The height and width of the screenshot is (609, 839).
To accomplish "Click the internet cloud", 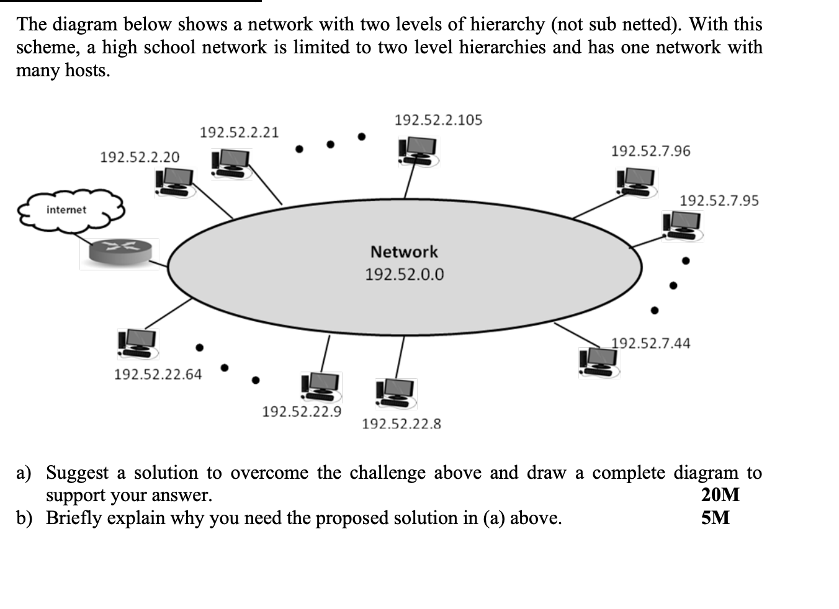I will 69,210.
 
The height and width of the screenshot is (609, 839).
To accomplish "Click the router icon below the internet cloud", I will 119,253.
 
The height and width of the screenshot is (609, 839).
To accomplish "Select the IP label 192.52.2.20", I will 140,157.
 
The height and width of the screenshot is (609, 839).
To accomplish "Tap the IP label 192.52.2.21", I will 239,132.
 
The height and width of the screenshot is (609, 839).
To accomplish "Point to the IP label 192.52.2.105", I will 438,120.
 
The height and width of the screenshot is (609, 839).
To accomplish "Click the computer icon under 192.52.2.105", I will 418,151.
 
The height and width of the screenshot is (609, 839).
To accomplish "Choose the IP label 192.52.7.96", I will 650,151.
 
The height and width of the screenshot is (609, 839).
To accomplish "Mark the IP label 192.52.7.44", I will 650,343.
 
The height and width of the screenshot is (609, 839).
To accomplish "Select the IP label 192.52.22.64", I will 158,374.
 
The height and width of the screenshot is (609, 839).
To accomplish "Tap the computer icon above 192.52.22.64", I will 138,344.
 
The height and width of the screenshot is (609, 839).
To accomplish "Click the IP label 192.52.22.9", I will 302,411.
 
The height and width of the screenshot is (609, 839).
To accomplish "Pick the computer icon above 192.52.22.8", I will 396,392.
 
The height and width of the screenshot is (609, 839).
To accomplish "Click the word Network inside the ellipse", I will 404,252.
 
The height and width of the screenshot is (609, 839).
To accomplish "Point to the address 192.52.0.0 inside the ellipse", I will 404,274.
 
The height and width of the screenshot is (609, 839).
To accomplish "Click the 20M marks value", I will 720,495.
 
